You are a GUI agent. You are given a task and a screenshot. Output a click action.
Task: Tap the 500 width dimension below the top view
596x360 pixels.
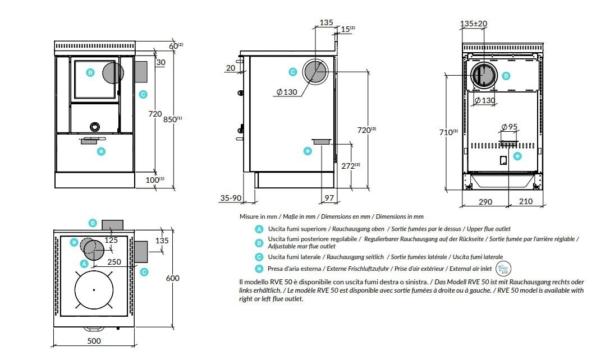pos(94,341)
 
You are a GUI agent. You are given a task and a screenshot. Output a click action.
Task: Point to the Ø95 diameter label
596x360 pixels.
pos(508,126)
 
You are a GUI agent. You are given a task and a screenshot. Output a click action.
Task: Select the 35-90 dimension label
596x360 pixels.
pos(231,198)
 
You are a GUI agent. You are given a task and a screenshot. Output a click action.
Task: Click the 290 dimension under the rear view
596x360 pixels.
pos(485,201)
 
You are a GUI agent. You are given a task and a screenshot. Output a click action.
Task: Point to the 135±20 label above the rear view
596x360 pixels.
pos(474,24)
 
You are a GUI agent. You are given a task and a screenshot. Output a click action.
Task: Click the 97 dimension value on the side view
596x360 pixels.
pos(329,198)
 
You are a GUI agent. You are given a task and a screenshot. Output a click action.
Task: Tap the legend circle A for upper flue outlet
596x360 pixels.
pos(259,229)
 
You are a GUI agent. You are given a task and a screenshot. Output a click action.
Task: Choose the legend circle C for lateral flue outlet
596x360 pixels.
pos(259,256)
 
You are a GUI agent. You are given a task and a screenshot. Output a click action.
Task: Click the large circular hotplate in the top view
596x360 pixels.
pos(94,289)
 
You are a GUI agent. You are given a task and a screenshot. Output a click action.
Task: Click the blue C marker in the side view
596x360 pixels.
pos(292,72)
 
